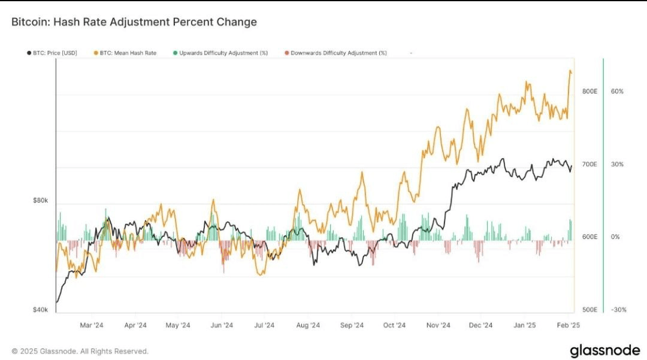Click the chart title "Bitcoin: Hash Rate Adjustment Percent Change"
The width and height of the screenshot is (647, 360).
point(134,22)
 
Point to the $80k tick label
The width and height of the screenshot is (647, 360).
point(41,201)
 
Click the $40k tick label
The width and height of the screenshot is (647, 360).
point(41,310)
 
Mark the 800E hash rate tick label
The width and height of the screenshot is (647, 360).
point(590,91)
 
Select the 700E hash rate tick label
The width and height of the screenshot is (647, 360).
point(590,164)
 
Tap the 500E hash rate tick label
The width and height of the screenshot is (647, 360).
point(590,310)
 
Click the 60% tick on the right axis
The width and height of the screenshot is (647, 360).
point(617,91)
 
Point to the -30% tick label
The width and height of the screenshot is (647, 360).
point(618,310)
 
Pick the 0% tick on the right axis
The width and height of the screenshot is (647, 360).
point(615,237)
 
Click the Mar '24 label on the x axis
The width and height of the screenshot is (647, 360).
point(92,325)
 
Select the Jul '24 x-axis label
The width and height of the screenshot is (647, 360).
point(264,325)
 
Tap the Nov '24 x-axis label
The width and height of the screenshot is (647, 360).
point(438,325)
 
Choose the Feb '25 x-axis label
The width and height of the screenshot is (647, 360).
point(568,325)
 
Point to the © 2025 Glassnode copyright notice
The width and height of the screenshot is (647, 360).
point(80,351)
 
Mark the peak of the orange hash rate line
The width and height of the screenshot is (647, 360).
point(570,70)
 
